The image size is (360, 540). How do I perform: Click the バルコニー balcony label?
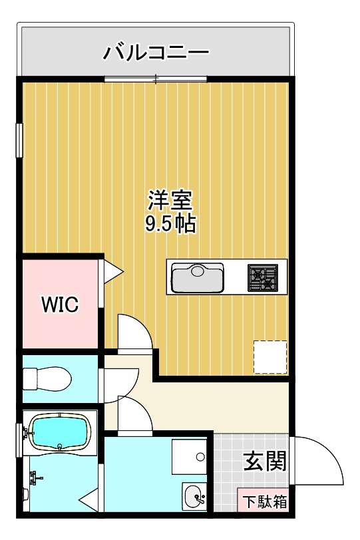156,51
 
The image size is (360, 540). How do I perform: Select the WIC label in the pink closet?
60,305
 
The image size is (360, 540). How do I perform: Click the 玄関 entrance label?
264,461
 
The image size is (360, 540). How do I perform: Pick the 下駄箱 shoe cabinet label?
264,501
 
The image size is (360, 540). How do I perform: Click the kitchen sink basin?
198,277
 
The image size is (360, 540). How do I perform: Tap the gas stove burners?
262,277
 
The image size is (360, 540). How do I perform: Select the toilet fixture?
46,379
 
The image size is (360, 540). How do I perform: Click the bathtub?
59,432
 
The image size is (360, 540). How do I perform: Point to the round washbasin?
194,496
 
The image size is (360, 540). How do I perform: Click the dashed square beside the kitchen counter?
270,357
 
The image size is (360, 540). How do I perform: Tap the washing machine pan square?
190,458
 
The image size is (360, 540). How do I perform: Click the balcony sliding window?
156,79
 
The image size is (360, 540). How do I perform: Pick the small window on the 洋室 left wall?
19,140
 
